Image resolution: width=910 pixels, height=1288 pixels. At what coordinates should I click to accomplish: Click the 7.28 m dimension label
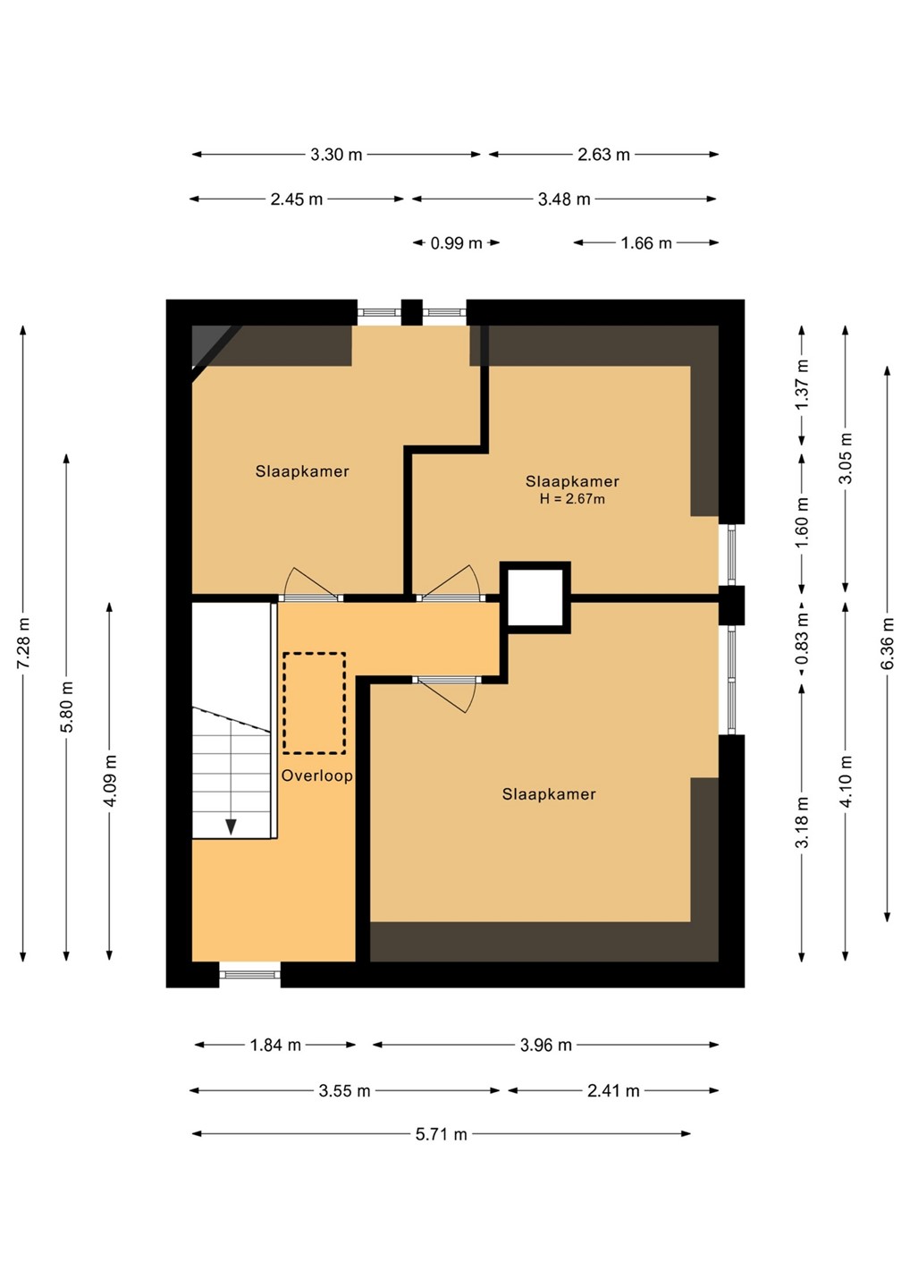point(23,643)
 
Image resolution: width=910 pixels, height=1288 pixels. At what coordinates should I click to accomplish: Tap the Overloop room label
point(316,775)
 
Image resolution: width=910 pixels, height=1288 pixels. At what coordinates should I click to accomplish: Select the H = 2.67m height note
point(572,499)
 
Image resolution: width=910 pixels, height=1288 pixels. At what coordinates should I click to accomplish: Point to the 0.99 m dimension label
point(456,243)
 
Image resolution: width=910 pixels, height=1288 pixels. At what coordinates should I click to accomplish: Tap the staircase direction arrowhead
point(231,826)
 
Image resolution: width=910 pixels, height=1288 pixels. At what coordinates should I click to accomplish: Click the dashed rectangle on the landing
point(315,703)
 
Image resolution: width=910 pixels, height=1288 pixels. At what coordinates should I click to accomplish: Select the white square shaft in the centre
point(535,598)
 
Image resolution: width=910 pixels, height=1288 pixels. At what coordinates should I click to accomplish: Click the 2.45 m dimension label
point(297,199)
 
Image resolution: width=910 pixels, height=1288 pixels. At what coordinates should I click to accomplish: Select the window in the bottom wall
point(250,974)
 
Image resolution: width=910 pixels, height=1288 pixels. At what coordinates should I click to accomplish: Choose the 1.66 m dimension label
point(646,243)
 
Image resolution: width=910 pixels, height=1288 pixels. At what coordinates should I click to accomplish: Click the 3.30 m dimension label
point(336,155)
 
